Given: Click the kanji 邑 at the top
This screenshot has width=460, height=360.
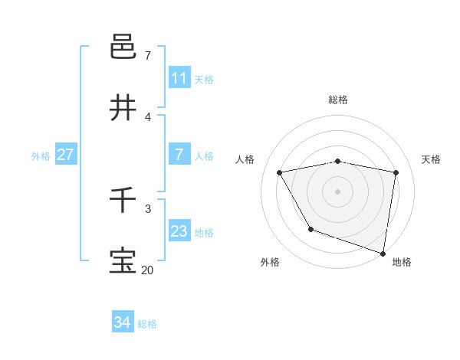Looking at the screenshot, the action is point(123,47).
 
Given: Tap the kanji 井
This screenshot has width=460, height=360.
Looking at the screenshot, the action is point(123,108).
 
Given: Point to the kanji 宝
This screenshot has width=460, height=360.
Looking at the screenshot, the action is point(123,261).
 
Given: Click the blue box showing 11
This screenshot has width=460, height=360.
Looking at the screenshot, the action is point(179,78).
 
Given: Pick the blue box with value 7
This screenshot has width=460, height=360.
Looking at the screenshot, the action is point(179,155).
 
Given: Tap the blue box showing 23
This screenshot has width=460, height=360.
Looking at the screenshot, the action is point(179,231).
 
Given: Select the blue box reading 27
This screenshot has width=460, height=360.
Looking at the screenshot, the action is point(65,155).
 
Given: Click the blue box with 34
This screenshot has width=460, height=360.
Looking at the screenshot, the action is point(122,322).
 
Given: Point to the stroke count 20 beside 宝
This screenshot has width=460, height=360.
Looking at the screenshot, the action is point(147,270).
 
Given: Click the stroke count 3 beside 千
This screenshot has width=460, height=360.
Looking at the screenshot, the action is point(148,208).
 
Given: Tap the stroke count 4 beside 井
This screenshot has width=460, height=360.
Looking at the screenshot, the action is point(148,116).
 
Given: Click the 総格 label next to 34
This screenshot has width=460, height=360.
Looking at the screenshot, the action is point(147,324).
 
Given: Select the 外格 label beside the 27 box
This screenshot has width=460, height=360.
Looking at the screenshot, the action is point(41,156).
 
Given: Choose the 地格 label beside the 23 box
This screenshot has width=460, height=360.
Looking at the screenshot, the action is point(204,233).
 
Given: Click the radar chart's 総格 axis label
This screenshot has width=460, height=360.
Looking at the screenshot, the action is point(338,100).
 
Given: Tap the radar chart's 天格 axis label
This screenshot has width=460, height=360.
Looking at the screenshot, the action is point(432,159).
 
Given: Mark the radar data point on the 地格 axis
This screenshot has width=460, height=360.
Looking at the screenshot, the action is point(383,253).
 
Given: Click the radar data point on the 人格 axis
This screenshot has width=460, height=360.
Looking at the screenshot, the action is point(280,172).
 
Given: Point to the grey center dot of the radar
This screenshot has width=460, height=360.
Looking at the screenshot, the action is point(338,191).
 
